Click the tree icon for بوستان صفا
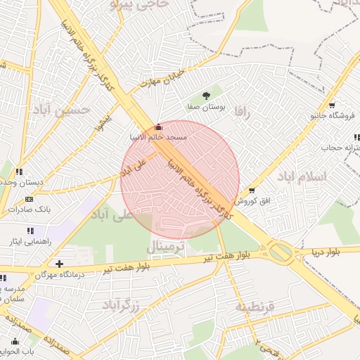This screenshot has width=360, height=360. pos(206,96)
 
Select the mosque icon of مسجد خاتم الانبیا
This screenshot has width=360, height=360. pos(157,127)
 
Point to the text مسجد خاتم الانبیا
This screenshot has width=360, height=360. pos(158,137)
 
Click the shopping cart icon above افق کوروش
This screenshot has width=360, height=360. pos(252,191)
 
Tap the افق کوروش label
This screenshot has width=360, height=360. pos(252,201)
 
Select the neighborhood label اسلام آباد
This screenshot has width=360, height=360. pos(302,176)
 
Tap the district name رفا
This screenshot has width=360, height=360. pos(243,111)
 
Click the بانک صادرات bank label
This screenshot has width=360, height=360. pos(29,210)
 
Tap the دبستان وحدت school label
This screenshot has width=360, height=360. pos(21,182)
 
